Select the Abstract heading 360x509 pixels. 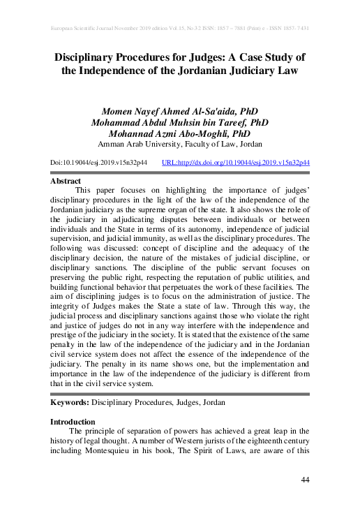coord(65,180)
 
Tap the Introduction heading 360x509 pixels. coord(73,422)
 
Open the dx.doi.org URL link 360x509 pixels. coord(235,162)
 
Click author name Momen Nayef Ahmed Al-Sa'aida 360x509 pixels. coord(180,112)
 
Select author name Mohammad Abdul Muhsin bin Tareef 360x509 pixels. coord(180,123)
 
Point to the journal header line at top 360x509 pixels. coord(180,29)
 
